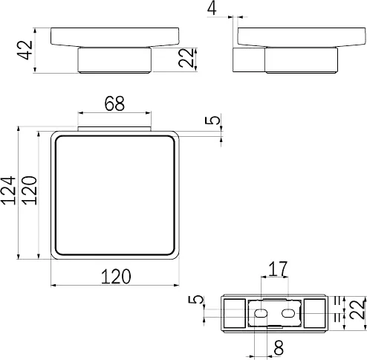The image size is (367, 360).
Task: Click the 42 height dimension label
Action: (26, 50)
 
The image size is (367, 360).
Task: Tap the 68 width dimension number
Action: (114, 103)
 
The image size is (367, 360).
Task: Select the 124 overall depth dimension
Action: (9, 190)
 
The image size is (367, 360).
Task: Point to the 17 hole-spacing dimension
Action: (278, 269)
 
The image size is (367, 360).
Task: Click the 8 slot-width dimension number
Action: (279, 347)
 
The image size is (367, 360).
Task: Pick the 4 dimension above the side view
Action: (212, 8)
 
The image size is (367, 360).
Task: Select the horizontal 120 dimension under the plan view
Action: (116, 277)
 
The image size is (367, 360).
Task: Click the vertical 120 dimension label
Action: (30, 190)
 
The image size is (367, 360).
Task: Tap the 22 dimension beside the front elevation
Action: (186, 58)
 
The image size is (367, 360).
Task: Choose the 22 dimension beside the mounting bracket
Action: (358, 309)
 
